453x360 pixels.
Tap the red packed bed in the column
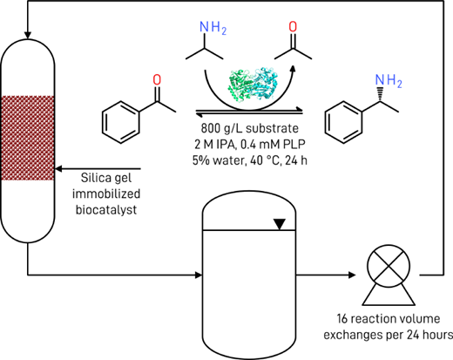28,138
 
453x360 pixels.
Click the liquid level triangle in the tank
280,224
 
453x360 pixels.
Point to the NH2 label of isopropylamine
213,28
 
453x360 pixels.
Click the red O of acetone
293,27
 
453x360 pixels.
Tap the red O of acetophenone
157,80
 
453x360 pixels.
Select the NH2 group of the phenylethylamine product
389,80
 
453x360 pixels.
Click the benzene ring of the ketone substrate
121,122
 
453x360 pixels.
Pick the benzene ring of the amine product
344,122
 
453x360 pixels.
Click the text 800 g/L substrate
250,128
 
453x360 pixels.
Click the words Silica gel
106,178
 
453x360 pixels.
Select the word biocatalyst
106,210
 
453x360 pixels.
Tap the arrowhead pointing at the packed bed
58,169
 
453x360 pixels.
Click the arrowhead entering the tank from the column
199,275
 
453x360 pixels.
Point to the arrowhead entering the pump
352,275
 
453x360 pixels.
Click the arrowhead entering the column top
28,36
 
